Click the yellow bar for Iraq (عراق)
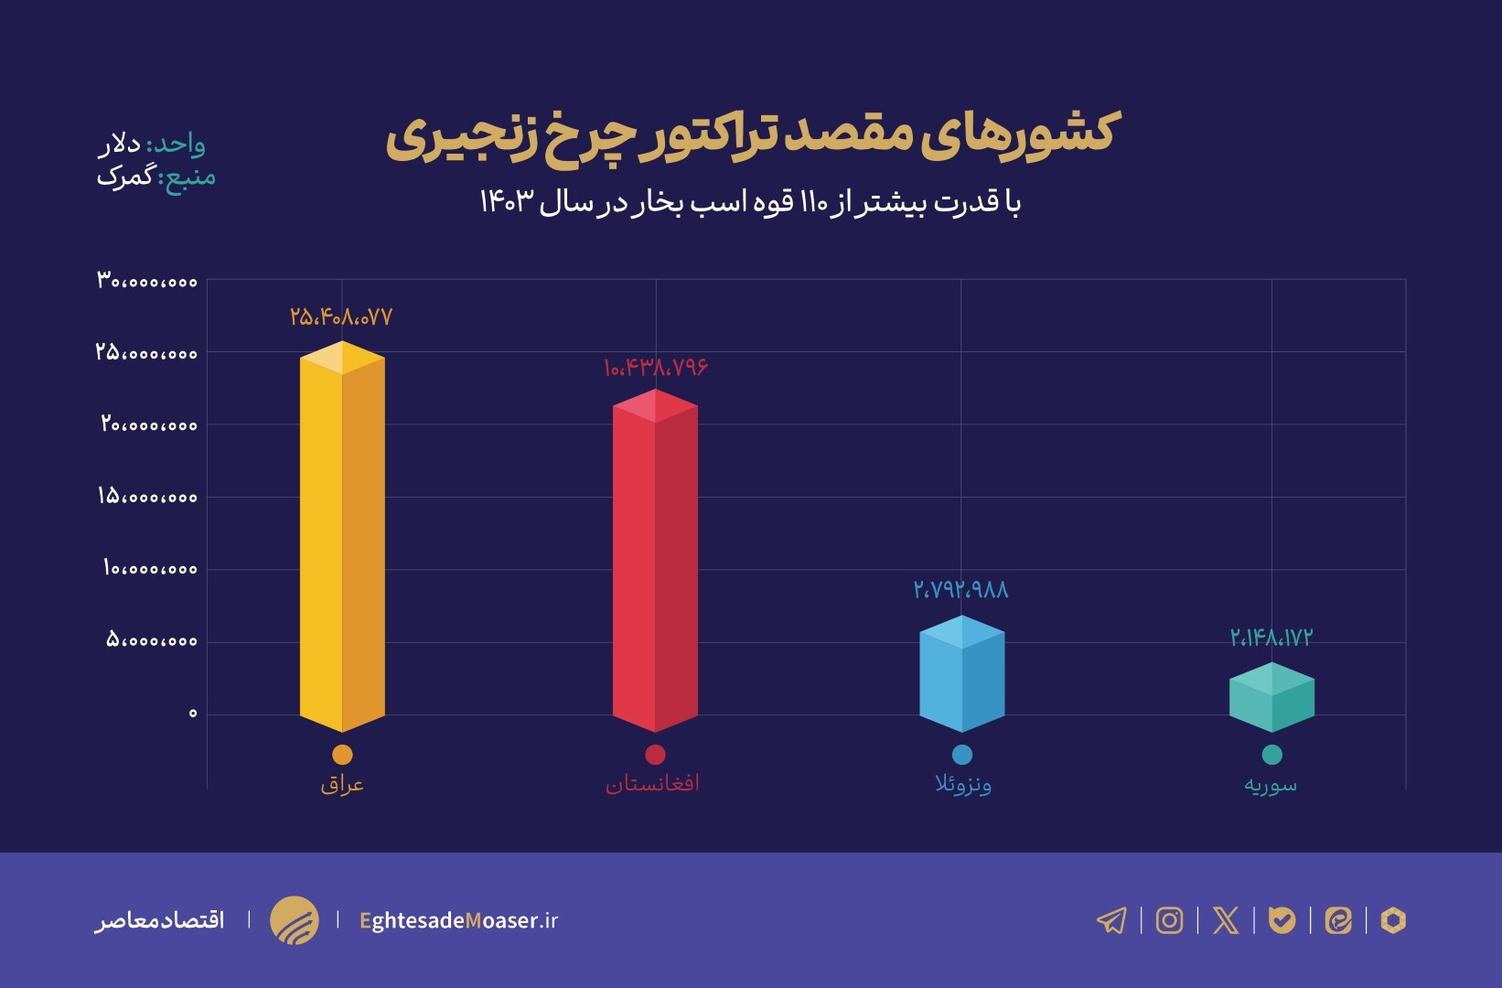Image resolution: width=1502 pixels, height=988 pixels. point(342,540)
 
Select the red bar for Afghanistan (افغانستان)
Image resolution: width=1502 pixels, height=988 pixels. point(655,563)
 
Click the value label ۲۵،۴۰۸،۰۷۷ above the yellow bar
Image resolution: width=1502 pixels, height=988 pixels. point(341,317)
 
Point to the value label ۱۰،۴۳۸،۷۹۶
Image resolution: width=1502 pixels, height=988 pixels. point(655,368)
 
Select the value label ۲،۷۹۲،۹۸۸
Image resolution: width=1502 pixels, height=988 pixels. point(960,590)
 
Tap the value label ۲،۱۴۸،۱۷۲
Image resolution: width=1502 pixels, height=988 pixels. point(1271,638)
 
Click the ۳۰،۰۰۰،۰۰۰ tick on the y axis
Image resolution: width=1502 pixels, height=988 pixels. point(147,281)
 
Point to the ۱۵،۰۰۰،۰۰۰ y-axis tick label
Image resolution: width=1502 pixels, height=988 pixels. point(147,497)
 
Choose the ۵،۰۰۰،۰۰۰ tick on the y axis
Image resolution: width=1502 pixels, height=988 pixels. point(151,640)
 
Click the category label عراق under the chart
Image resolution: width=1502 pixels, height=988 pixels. point(342,784)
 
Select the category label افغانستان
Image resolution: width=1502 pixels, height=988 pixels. point(652,784)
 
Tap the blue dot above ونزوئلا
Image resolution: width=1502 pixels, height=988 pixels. point(961,755)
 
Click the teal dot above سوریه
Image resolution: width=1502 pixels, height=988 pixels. point(1271,755)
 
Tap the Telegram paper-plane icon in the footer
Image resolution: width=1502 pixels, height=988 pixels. point(1111,919)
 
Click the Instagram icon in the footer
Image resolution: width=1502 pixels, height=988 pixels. point(1169,919)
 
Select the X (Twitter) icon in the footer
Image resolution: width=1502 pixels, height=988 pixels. point(1226,919)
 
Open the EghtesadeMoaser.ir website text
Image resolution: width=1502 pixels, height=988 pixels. point(458,920)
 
